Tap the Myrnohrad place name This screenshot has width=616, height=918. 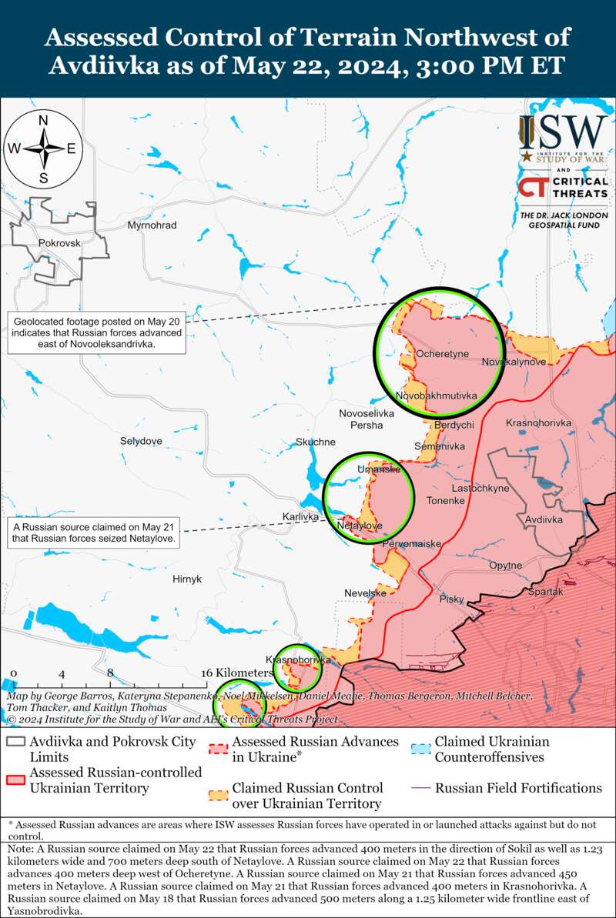(152, 225)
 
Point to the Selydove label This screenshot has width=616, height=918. (141, 441)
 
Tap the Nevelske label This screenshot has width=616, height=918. (365, 593)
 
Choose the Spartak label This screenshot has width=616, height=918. (546, 592)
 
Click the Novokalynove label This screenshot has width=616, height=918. (514, 362)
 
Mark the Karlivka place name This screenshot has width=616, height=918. (300, 517)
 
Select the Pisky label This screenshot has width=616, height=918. (452, 599)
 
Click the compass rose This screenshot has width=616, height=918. (44, 149)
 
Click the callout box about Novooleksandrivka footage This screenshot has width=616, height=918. (96, 332)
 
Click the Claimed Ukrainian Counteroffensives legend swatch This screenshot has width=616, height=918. (420, 749)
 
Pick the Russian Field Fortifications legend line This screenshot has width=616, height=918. (420, 788)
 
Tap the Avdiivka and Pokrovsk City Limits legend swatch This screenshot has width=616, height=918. (15, 742)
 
